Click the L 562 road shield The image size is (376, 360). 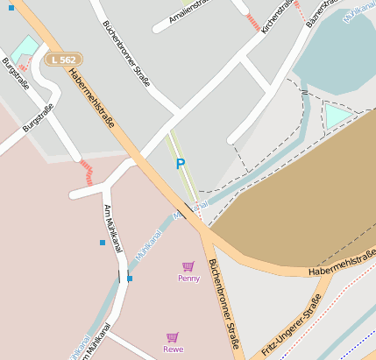point(60,59)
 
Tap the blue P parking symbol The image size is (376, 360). point(181,164)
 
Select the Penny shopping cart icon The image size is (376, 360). point(188,266)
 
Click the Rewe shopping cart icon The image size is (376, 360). point(173,337)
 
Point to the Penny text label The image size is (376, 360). point(188,279)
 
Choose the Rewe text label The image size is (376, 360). point(173,349)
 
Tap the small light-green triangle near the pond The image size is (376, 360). point(337,116)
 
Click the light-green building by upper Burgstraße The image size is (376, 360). point(25,49)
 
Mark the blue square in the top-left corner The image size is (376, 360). point(11,8)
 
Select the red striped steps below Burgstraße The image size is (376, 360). point(86,171)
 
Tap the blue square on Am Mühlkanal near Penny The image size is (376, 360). point(130,279)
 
